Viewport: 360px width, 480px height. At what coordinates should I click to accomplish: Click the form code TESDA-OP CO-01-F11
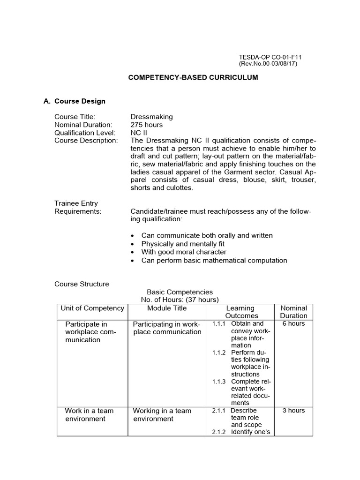(270, 57)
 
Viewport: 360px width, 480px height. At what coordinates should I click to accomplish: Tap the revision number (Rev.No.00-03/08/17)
(268, 64)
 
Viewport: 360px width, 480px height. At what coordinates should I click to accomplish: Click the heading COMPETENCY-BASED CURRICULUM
(193, 77)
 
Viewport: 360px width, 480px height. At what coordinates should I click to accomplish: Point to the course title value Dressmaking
(151, 117)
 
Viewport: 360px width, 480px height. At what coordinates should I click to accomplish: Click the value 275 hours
(147, 125)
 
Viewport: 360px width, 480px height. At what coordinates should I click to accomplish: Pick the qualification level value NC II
(139, 133)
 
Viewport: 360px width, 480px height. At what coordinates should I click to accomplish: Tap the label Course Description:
(86, 141)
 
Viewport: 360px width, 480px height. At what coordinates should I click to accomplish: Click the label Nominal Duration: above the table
(83, 125)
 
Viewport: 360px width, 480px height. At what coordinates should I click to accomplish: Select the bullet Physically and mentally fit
(182, 244)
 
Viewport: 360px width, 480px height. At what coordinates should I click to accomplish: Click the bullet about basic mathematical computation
(214, 260)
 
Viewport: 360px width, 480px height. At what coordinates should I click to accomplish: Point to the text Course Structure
(82, 284)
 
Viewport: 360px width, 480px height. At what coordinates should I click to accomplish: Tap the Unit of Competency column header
(92, 308)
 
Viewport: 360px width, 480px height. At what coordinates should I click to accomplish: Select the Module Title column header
(167, 308)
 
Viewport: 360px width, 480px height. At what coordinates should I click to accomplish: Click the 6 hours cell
(294, 324)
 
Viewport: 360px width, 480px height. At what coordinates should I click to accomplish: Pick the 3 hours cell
(294, 411)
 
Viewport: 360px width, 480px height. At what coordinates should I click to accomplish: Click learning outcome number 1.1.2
(218, 352)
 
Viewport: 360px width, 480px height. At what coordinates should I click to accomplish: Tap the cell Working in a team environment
(162, 414)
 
